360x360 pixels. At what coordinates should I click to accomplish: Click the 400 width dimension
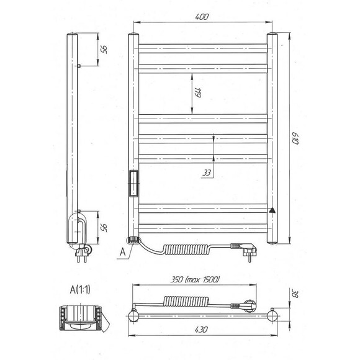[x=202, y=17]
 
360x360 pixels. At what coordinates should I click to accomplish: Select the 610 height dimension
[x=295, y=138]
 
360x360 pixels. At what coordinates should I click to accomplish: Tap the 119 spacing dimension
[x=197, y=92]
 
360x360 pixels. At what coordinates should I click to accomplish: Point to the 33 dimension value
[x=207, y=173]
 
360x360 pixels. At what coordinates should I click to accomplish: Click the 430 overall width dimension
[x=201, y=330]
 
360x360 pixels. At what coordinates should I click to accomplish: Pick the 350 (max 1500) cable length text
[x=195, y=279]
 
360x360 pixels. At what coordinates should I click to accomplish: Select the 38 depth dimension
[x=295, y=294]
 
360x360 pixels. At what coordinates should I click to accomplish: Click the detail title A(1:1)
[x=80, y=290]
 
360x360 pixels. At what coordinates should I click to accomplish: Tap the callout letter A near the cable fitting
[x=123, y=252]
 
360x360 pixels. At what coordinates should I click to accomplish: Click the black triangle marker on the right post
[x=272, y=210]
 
